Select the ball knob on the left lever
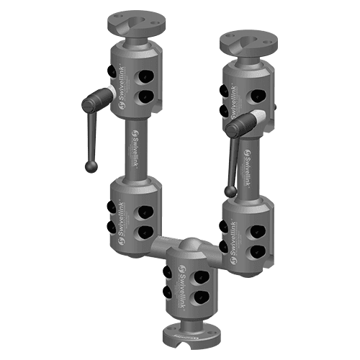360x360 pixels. coord(91,167)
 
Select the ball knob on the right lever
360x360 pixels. coord(229,191)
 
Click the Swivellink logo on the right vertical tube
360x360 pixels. coord(246,167)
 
